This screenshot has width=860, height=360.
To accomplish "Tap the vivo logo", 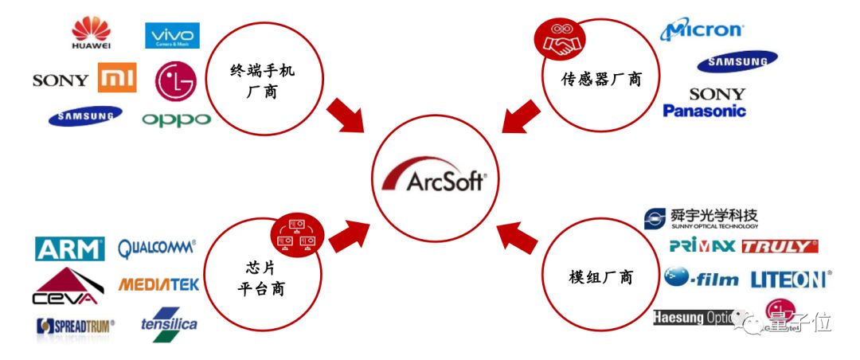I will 172,36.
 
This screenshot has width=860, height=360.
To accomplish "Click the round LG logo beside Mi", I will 175,80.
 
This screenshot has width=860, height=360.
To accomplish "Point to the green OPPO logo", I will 176,119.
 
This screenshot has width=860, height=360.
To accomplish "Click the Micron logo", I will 702,30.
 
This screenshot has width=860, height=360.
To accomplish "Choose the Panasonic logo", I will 705,111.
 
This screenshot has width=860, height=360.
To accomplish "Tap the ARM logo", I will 70,248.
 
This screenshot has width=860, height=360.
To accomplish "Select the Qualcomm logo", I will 157,248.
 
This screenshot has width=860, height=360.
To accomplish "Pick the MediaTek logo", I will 158,284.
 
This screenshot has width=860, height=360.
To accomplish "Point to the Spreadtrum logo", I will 75,325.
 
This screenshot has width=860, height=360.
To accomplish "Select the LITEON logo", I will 790,279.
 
